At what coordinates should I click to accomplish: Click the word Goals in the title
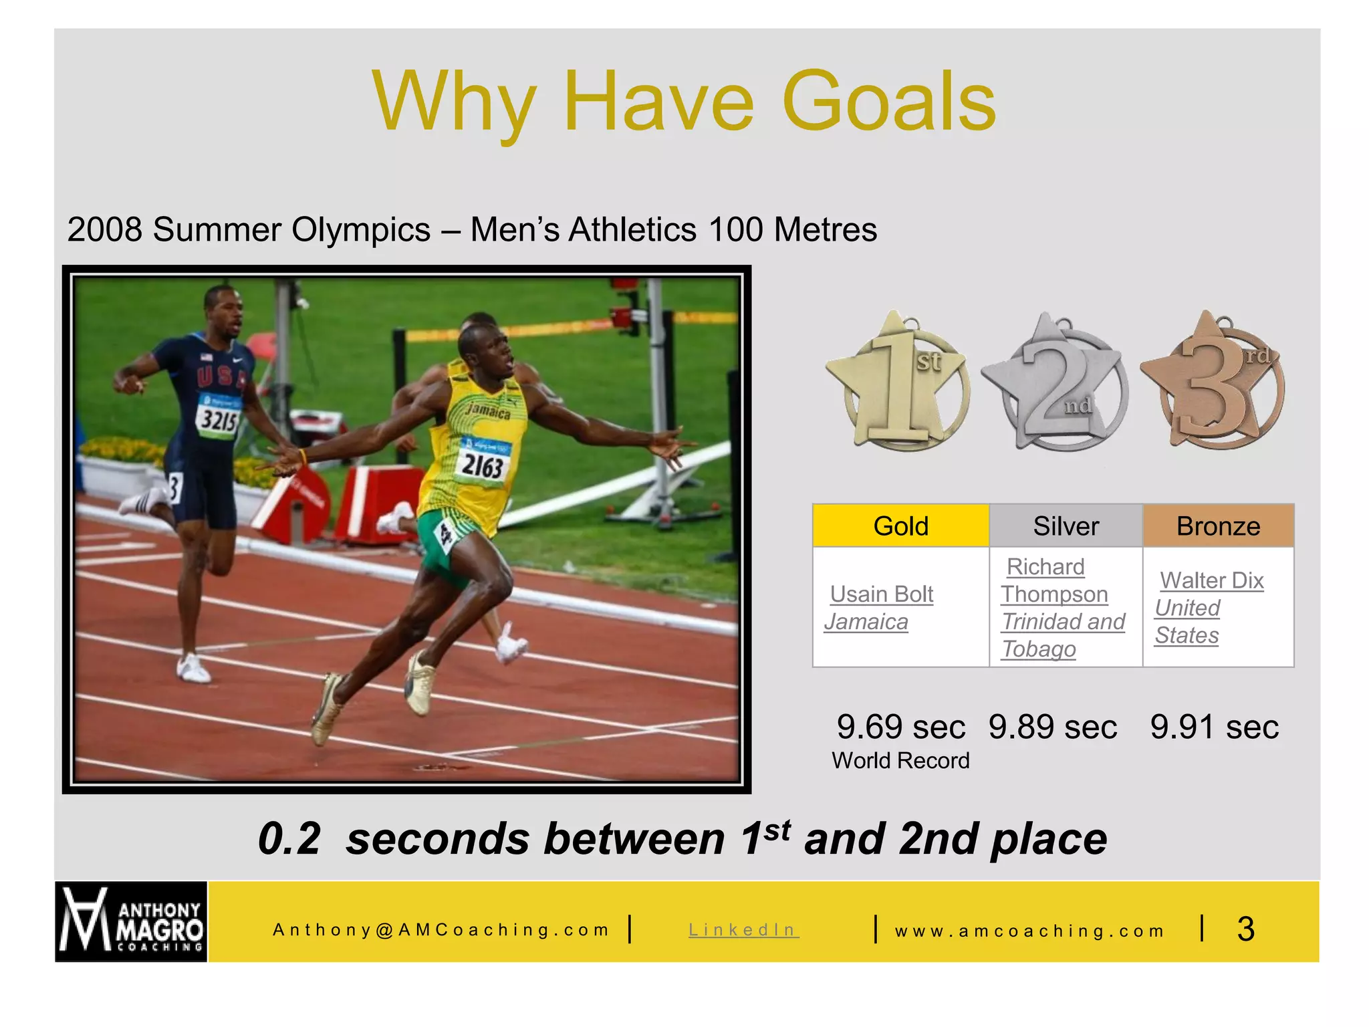click(888, 102)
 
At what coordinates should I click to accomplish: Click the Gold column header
click(900, 526)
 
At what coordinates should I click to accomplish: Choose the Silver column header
click(1066, 526)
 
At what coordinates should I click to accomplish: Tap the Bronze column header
click(1218, 526)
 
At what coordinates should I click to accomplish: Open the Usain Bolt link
click(881, 594)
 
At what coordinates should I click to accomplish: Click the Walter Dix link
click(1211, 580)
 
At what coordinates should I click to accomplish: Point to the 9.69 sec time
click(900, 727)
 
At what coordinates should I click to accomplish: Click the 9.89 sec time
click(1052, 727)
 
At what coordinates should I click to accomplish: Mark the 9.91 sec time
click(1214, 727)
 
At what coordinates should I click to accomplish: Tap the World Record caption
click(900, 761)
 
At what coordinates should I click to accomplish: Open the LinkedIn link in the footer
click(743, 930)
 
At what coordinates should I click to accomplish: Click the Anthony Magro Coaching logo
click(131, 922)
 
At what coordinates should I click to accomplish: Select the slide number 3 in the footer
click(1245, 929)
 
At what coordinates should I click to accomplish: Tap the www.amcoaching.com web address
click(1029, 931)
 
